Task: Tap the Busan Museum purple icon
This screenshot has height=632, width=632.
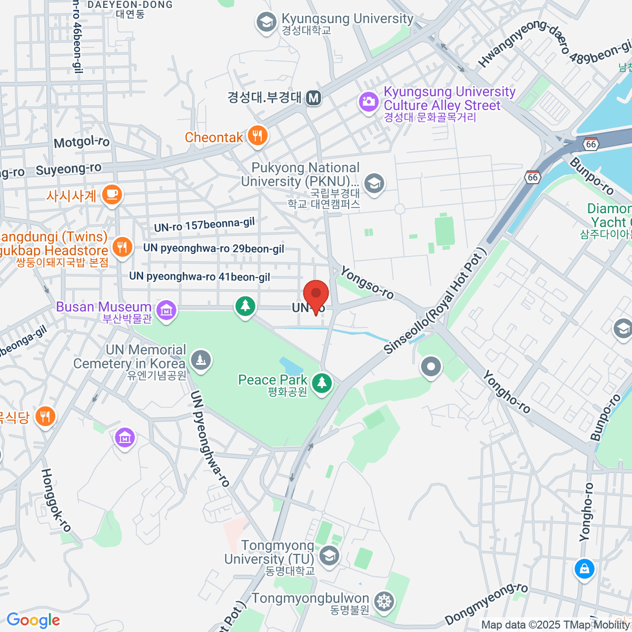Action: pyautogui.click(x=166, y=311)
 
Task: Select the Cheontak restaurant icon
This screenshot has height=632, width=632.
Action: pyautogui.click(x=257, y=136)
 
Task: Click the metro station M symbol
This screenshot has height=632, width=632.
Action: pyautogui.click(x=314, y=97)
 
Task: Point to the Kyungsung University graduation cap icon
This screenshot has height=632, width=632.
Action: pyautogui.click(x=266, y=22)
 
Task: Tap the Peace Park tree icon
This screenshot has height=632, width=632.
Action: pyautogui.click(x=322, y=383)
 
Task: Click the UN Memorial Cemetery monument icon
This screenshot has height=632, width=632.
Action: pyautogui.click(x=201, y=361)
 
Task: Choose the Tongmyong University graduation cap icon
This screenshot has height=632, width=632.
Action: pyautogui.click(x=329, y=556)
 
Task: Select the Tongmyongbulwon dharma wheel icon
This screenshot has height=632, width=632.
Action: pyautogui.click(x=384, y=601)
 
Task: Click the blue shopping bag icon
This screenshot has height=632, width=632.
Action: pyautogui.click(x=584, y=569)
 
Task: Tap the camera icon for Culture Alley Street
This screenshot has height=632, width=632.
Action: pyautogui.click(x=369, y=101)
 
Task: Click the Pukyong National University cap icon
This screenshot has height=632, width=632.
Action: pyautogui.click(x=374, y=184)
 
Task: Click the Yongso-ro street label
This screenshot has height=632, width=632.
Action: pyautogui.click(x=367, y=283)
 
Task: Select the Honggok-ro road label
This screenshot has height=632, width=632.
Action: pyautogui.click(x=56, y=500)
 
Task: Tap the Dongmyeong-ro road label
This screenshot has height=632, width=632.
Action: pyautogui.click(x=486, y=604)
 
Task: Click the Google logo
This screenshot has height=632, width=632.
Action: pyautogui.click(x=33, y=620)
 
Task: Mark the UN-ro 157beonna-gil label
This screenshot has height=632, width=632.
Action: pyautogui.click(x=204, y=225)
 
